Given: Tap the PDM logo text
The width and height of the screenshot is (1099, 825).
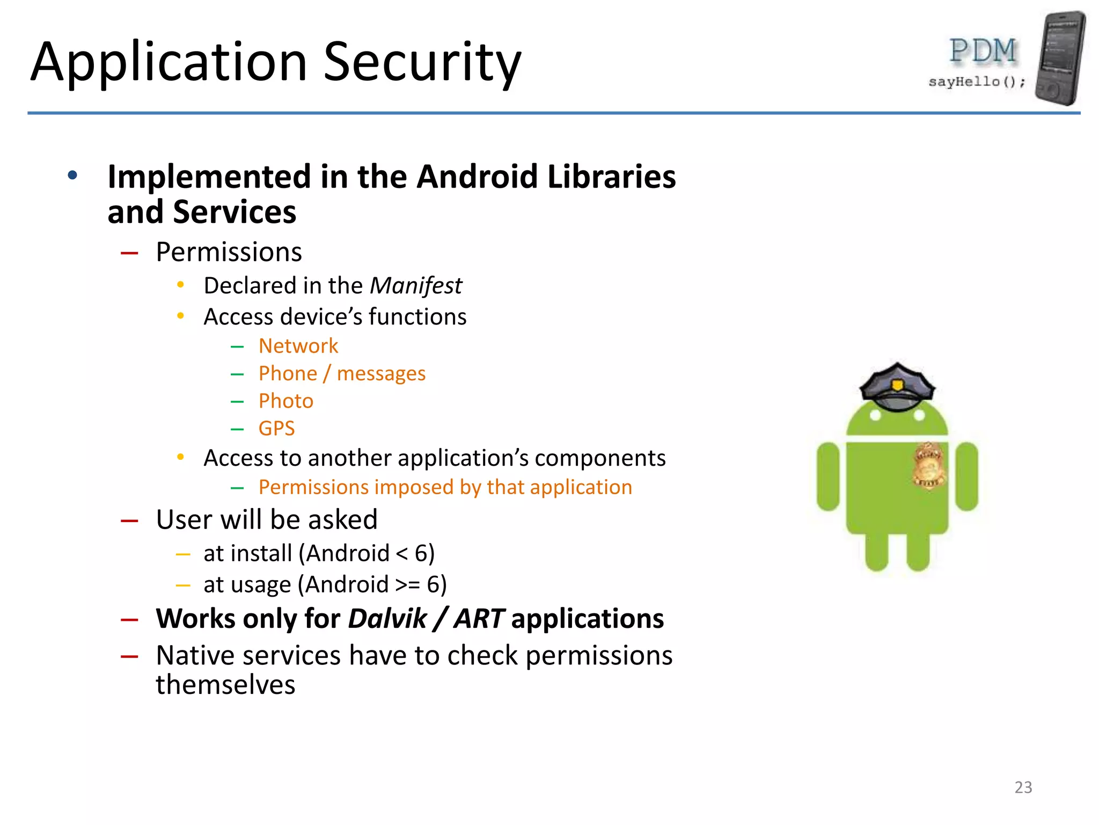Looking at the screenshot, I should coord(983,52).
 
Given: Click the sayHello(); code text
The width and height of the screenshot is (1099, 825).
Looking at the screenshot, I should coord(977,82).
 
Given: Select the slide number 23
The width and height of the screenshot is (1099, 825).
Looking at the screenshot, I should coord(1023,787).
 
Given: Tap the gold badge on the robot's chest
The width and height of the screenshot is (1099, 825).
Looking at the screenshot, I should coord(928,465).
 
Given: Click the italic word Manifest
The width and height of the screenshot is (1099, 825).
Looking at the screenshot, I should coord(416,286).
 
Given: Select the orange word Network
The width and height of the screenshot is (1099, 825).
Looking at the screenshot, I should coord(298,346).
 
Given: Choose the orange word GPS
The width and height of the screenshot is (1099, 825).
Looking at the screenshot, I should coord(276,429).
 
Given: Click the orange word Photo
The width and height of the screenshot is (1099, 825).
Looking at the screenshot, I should coord(285,401).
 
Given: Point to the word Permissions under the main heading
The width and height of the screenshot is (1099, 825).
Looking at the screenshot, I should coord(229,252).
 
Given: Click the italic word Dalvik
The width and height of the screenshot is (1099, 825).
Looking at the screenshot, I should coord(387,619).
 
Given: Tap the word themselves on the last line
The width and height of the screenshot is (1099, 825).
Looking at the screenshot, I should coord(225,685).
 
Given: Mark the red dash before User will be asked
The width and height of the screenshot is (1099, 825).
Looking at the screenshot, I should coord(129,520).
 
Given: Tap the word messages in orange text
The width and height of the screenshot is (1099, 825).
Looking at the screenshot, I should coord(381,374).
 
